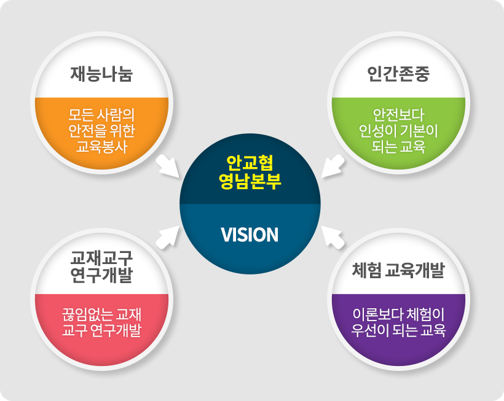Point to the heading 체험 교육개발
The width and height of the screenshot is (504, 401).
398,270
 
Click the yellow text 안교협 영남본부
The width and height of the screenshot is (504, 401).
250,172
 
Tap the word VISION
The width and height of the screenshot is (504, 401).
250,235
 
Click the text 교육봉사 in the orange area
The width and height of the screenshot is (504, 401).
101,147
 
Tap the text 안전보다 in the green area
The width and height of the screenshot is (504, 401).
398,115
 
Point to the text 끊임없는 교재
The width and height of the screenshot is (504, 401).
101,315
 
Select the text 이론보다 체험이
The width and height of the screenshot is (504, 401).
398,315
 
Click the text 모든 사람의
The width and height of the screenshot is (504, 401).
101,115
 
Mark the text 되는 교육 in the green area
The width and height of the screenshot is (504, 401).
398,147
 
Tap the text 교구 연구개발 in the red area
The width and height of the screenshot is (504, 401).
101,331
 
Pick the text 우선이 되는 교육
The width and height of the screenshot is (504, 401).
398,331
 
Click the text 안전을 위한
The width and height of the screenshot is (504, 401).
101,131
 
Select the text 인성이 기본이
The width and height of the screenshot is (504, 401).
398,131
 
